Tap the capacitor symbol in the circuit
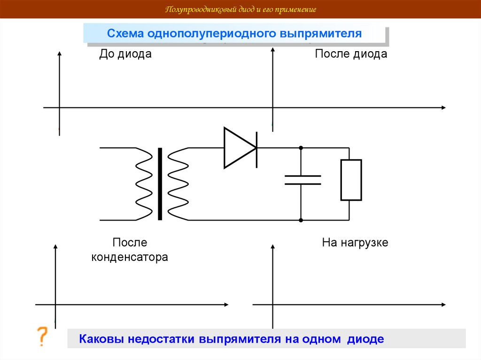tap(303, 180)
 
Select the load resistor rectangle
tap(351, 180)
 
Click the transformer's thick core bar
tap(160, 184)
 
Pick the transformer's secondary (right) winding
tap(178, 184)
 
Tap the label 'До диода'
tap(125, 54)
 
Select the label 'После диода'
tap(351, 54)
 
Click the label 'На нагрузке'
tap(355, 243)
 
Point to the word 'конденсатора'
tap(130, 258)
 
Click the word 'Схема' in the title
tap(125, 34)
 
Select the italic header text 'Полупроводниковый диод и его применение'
tap(240, 9)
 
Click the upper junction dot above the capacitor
tap(301, 148)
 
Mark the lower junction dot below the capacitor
tap(301, 220)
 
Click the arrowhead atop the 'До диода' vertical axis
tap(59, 53)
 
